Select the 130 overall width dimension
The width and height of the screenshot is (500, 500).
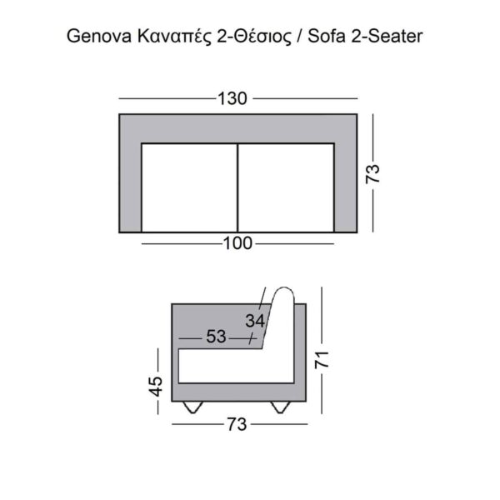(x=232, y=99)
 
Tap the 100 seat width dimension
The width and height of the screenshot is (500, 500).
(x=238, y=243)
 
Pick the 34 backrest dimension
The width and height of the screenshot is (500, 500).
(x=256, y=320)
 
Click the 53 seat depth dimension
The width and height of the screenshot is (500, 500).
(x=216, y=337)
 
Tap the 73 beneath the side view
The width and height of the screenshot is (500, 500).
(x=237, y=424)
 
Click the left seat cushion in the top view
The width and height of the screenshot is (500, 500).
(x=190, y=187)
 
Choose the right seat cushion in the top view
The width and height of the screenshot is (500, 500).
(x=286, y=187)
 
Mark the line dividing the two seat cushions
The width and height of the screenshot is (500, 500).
(x=238, y=187)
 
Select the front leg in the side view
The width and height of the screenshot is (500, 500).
(x=194, y=407)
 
